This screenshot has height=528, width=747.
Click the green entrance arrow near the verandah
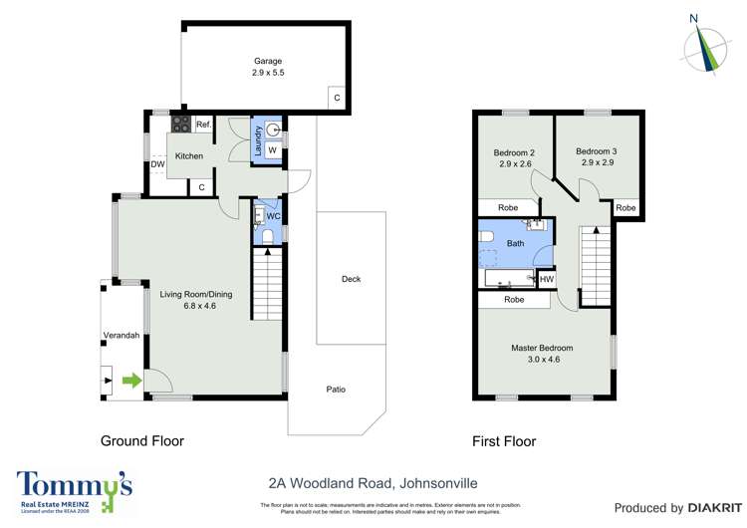(x=130, y=380)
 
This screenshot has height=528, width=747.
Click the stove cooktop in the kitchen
(x=182, y=125)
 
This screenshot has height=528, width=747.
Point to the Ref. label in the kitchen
(x=203, y=125)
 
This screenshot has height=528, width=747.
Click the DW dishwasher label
(x=157, y=165)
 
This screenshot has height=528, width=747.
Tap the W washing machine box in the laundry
(x=272, y=150)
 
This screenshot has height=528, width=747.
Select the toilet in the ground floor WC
(x=264, y=234)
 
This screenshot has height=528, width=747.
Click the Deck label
(x=351, y=279)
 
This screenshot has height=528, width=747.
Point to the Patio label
(x=337, y=389)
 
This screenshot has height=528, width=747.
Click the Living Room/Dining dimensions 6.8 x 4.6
(x=199, y=306)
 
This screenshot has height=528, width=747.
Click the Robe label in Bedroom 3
(x=625, y=208)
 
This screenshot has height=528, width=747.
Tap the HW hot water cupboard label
(x=547, y=280)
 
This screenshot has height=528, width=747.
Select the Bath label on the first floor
(x=515, y=243)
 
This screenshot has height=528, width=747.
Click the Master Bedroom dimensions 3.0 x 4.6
(x=544, y=361)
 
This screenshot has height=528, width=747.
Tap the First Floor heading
(x=504, y=441)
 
